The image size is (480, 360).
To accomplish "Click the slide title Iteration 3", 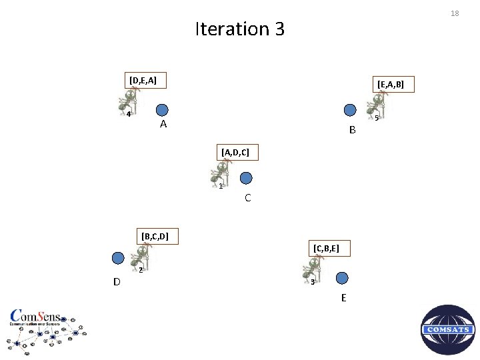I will [x=239, y=29].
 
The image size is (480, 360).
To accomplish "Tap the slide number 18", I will [x=455, y=13].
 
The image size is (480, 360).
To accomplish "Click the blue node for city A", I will [x=162, y=110].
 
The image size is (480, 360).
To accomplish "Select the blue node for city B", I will [x=349, y=111].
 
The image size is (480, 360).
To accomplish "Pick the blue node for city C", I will [x=246, y=178].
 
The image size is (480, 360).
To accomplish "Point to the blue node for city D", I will [x=118, y=258].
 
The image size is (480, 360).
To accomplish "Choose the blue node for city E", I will [x=342, y=277].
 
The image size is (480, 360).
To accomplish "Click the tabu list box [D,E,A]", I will [x=143, y=81].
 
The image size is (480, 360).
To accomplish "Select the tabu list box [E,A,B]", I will [x=395, y=85].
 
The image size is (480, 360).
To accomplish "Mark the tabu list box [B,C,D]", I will [x=154, y=235].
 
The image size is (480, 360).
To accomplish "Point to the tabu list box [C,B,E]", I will [x=327, y=249].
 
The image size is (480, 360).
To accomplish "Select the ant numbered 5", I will [x=377, y=106].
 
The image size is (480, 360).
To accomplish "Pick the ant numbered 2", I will [x=140, y=259].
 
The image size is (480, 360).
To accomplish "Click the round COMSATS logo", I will [x=448, y=330].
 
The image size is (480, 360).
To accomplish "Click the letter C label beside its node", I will [x=247, y=198].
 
